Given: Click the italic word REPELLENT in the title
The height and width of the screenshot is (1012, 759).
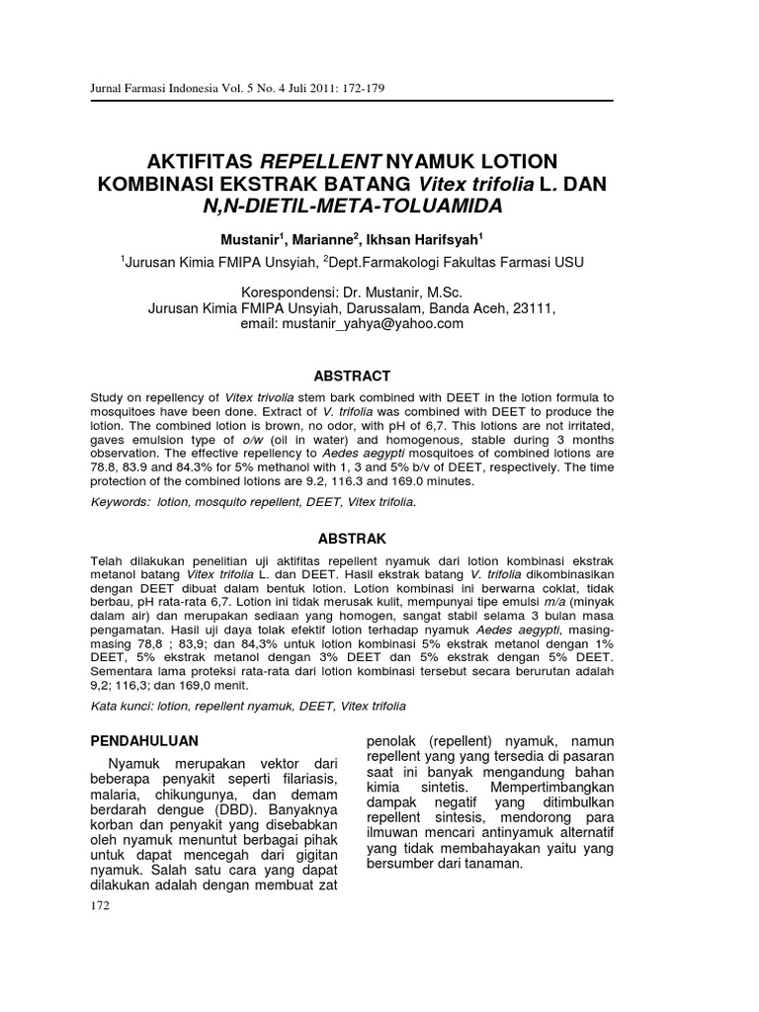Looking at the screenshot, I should pos(320,161).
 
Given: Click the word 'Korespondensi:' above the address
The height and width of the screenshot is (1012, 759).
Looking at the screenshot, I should pos(288,293).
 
